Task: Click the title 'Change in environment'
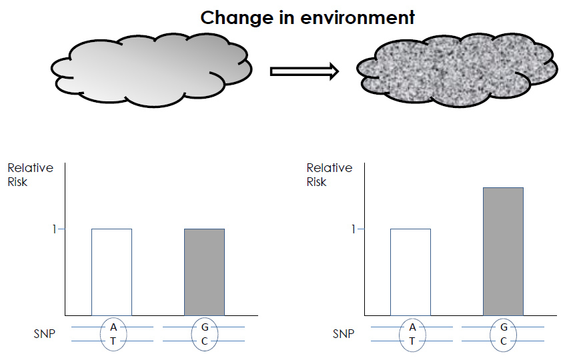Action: coord(308,17)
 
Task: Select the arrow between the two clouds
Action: coord(304,71)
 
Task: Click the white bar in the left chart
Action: coord(111,271)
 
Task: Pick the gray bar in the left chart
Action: coord(204,271)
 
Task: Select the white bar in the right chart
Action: coord(410,271)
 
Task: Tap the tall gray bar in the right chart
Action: coord(503,251)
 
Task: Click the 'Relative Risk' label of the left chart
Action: coord(30,175)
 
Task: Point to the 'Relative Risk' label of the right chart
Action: coord(329,175)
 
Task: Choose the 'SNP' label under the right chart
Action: coord(343,335)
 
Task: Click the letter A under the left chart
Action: coord(113,327)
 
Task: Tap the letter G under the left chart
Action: coord(205,327)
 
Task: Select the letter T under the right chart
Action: coord(412,341)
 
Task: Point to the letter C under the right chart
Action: coord(504,341)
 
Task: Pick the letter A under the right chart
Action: coord(412,327)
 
